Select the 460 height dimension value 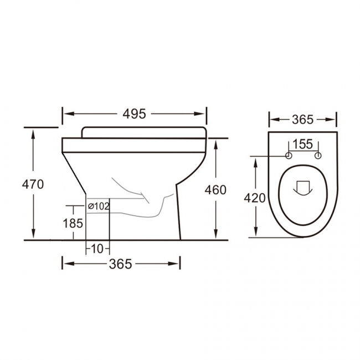tap(215, 190)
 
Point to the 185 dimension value tap(73, 223)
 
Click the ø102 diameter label tap(99, 206)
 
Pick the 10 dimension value tap(97, 249)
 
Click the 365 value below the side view tap(120, 264)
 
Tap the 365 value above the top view tap(302, 119)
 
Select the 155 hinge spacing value tap(303, 145)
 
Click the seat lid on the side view tap(144, 132)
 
